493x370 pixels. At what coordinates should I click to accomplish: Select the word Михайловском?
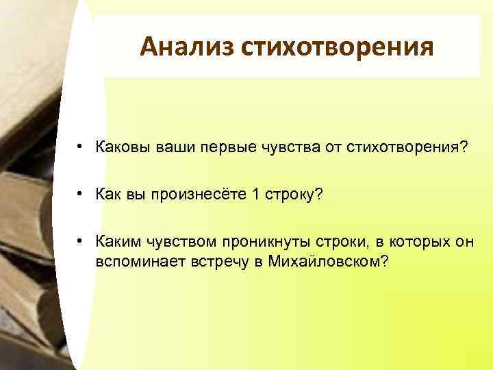click(x=329, y=261)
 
